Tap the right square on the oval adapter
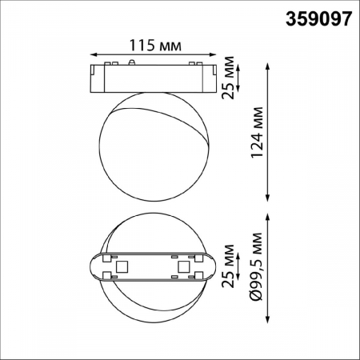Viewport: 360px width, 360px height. click(183, 266)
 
